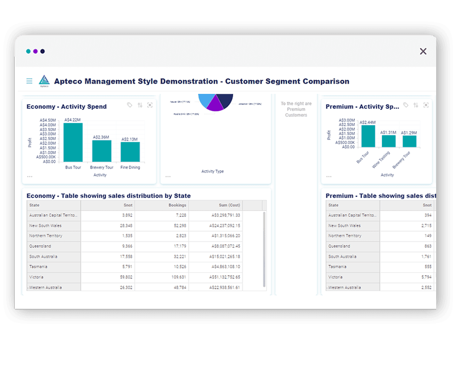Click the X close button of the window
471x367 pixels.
coord(423,51)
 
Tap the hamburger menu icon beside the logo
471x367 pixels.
coord(29,81)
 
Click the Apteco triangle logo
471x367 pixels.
coord(44,81)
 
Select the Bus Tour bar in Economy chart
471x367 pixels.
coord(73,142)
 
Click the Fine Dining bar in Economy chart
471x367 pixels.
coord(130,152)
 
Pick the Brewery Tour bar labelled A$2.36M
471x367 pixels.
coord(102,151)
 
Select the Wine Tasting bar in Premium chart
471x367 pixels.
coord(389,142)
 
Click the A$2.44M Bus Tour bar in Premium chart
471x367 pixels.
coord(368,136)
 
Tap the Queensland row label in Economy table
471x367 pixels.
coord(41,246)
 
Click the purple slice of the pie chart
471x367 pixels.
coord(215,104)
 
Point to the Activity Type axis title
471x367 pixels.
coord(212,171)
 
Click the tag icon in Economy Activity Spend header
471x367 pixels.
coord(130,105)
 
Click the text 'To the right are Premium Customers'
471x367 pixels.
coord(296,109)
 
